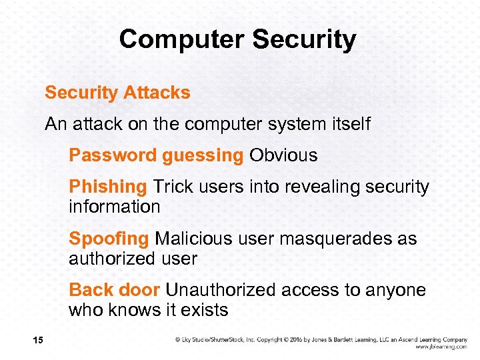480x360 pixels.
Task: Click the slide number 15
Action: (x=37, y=341)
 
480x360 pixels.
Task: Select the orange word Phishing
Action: (x=107, y=187)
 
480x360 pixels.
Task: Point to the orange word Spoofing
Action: (x=109, y=239)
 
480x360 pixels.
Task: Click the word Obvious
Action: (x=283, y=155)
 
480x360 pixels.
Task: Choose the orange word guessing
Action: (x=202, y=156)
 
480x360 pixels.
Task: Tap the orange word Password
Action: (x=113, y=155)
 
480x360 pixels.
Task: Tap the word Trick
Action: (x=173, y=187)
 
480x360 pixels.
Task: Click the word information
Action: (x=114, y=207)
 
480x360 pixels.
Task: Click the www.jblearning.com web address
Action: (x=441, y=347)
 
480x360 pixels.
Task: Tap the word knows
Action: (x=135, y=310)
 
